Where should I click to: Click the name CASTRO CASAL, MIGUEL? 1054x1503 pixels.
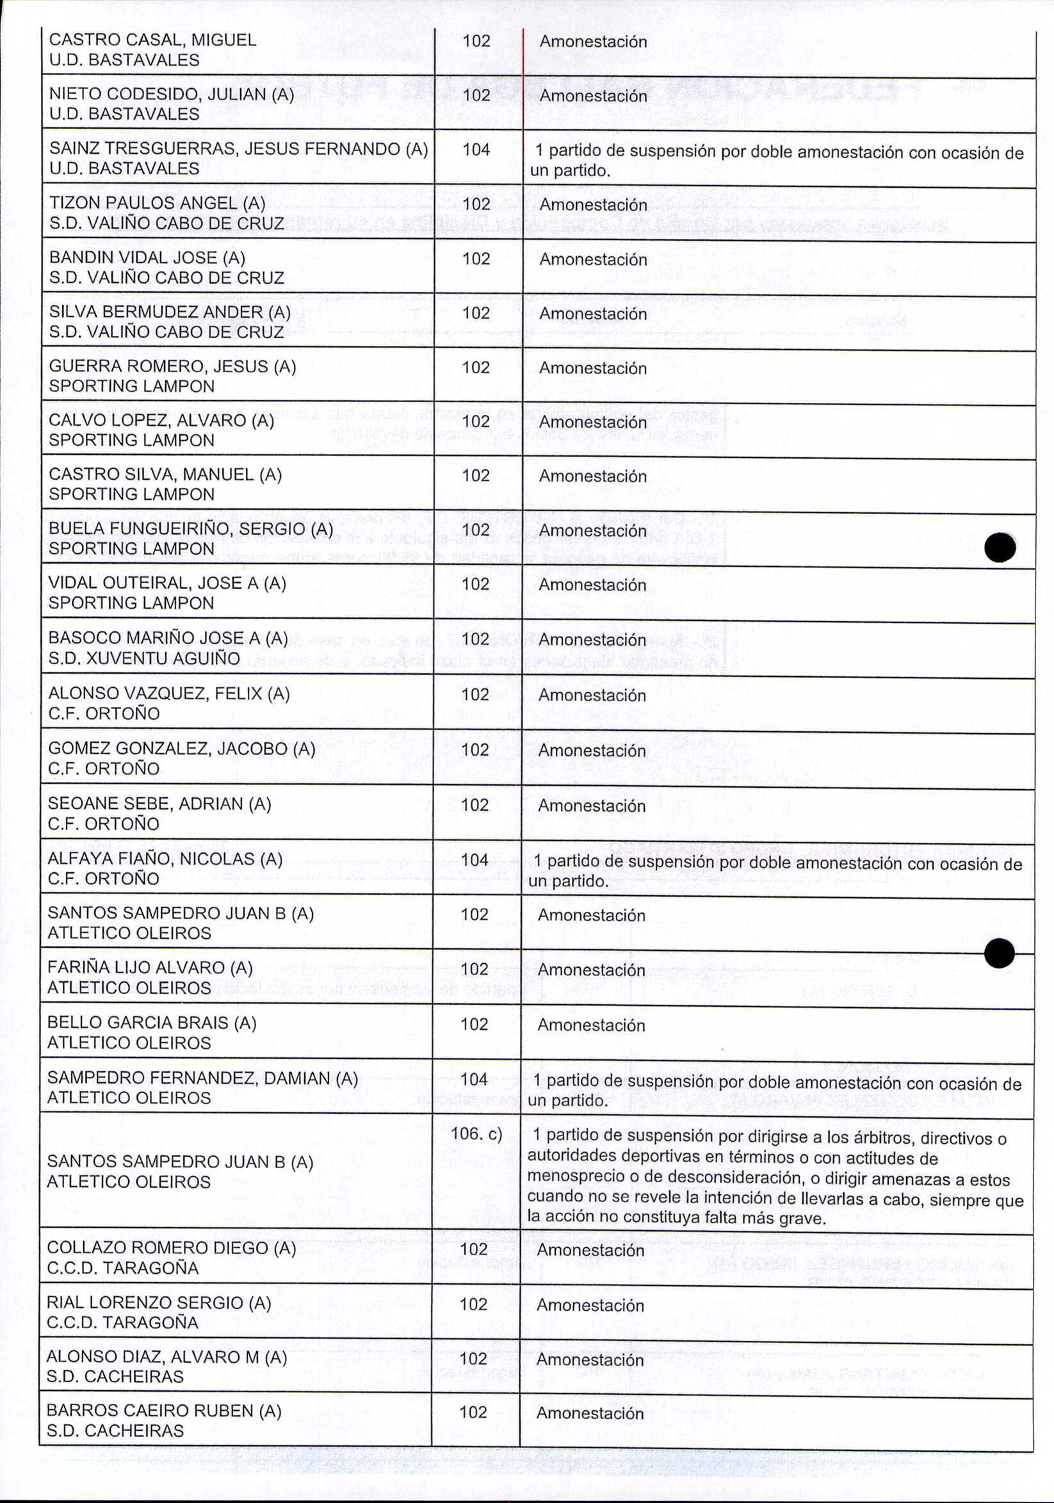[x=152, y=40]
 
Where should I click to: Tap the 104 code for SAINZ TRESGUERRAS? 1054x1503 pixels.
[x=476, y=150]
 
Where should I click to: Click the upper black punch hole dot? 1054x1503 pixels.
[x=1000, y=548]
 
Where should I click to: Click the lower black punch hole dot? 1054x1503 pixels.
[x=999, y=952]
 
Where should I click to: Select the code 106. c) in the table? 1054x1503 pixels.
[x=476, y=1133]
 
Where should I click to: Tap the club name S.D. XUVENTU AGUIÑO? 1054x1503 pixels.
[x=144, y=658]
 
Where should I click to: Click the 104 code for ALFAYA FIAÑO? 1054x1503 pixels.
[x=474, y=859]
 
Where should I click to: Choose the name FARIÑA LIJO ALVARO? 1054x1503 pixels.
[x=150, y=968]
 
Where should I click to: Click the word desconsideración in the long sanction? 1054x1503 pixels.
[x=726, y=1178]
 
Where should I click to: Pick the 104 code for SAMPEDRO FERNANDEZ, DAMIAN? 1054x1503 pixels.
[x=474, y=1079]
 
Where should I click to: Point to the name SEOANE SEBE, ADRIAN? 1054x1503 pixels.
[x=159, y=804]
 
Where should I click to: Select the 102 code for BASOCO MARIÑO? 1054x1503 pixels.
[x=475, y=639]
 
